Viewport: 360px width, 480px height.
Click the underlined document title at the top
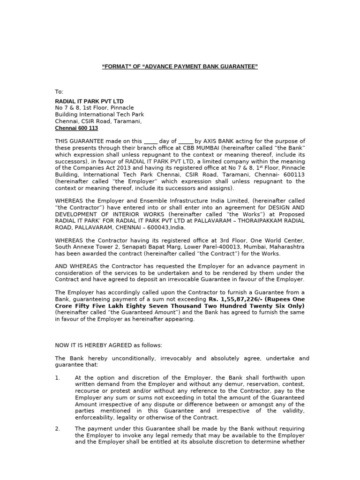coord(180,67)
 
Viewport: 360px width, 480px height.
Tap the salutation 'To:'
coord(59,91)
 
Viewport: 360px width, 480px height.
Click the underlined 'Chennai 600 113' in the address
coord(76,128)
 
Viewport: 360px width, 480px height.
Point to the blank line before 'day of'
coord(150,141)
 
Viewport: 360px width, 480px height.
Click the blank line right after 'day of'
coord(186,141)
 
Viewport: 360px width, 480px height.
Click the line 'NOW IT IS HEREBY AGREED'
coord(108,345)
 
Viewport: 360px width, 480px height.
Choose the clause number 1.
coord(57,378)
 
